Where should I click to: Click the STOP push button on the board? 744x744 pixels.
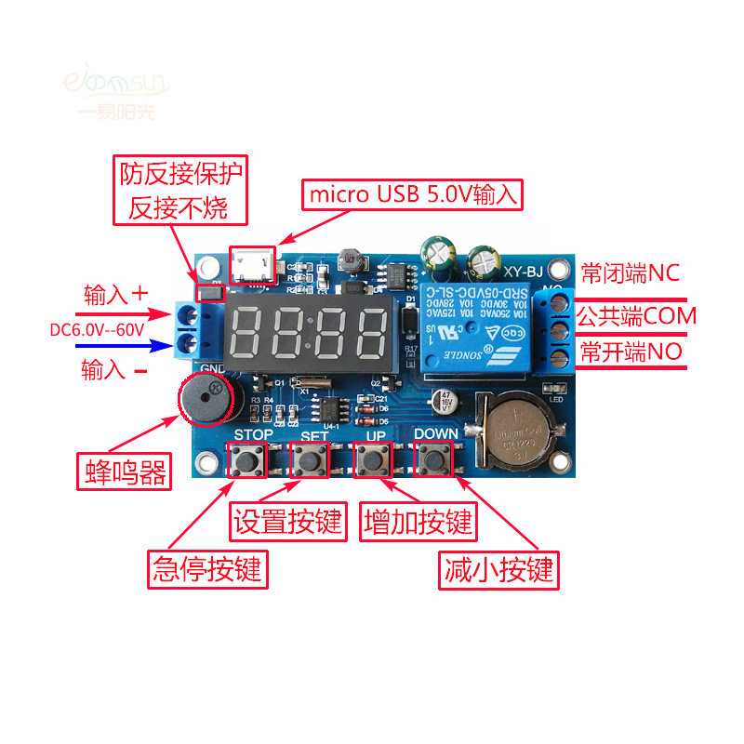[247, 459]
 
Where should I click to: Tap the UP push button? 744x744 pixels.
[374, 459]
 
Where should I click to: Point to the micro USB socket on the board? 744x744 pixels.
[253, 266]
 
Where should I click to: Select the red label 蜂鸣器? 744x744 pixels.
[123, 472]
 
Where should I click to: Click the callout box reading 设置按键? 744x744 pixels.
[288, 521]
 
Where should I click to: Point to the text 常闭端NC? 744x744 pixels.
[631, 273]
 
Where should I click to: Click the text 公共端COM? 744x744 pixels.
[637, 315]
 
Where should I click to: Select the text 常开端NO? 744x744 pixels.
[631, 352]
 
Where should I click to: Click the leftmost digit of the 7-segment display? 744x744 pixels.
[246, 332]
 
